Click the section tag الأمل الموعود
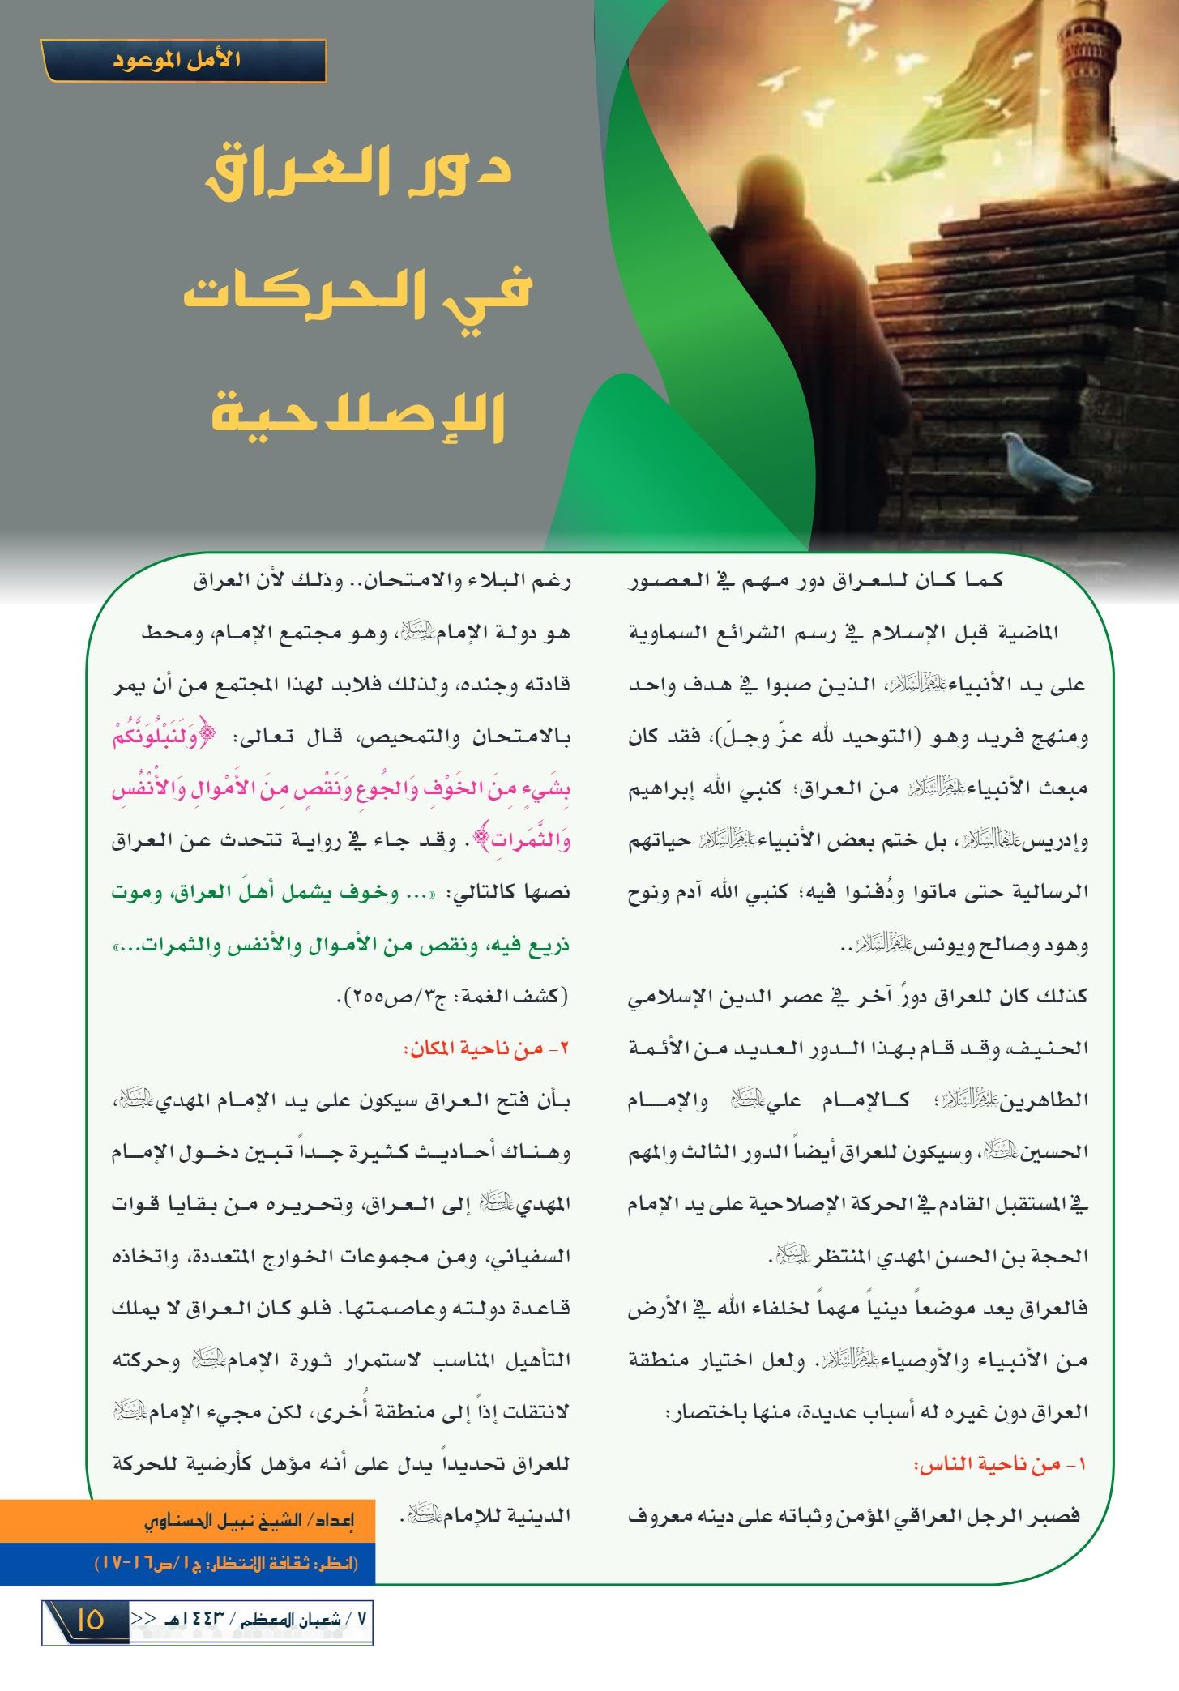coord(184,62)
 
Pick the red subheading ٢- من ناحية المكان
coord(486,1048)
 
